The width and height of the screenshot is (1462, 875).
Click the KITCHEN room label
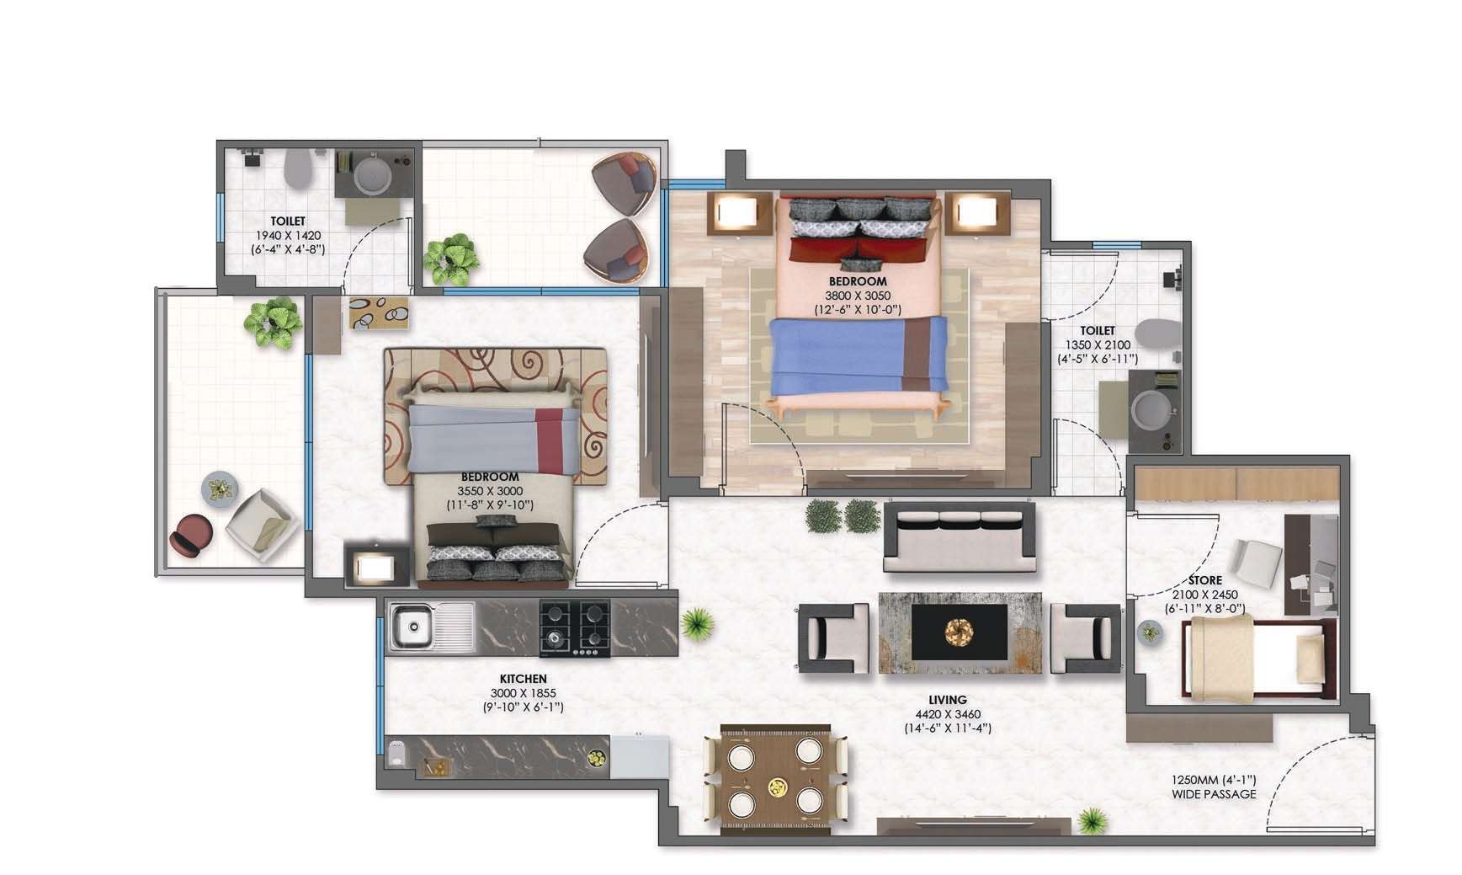point(523,679)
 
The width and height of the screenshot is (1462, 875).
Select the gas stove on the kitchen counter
point(575,627)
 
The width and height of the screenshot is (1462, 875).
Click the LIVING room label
point(948,700)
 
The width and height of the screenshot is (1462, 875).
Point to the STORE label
point(1205,580)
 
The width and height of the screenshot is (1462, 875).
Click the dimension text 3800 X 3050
point(858,296)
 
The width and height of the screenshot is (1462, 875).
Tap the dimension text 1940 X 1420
point(288,236)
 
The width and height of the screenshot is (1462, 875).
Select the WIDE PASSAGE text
point(1214,794)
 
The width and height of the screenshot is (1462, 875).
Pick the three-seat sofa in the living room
point(959,537)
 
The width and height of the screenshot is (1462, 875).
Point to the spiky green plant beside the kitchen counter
point(697,625)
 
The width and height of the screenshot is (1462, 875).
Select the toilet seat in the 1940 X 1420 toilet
point(298,169)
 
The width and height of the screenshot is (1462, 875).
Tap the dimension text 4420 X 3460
point(948,714)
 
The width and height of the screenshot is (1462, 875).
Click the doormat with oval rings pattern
point(379,312)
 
